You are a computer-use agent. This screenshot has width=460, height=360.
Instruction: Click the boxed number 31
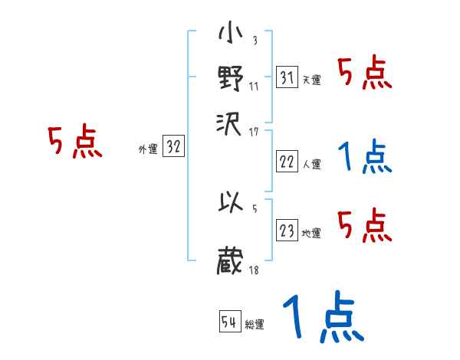tap(287, 77)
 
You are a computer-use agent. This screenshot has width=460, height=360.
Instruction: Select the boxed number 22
tap(287, 162)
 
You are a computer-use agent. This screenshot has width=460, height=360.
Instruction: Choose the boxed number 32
tap(173, 148)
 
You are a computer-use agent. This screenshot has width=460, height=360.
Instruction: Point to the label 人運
tap(311, 164)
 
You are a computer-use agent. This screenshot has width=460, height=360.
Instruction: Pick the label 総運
tap(255, 324)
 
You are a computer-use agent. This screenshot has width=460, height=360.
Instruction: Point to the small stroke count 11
tap(253, 86)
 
